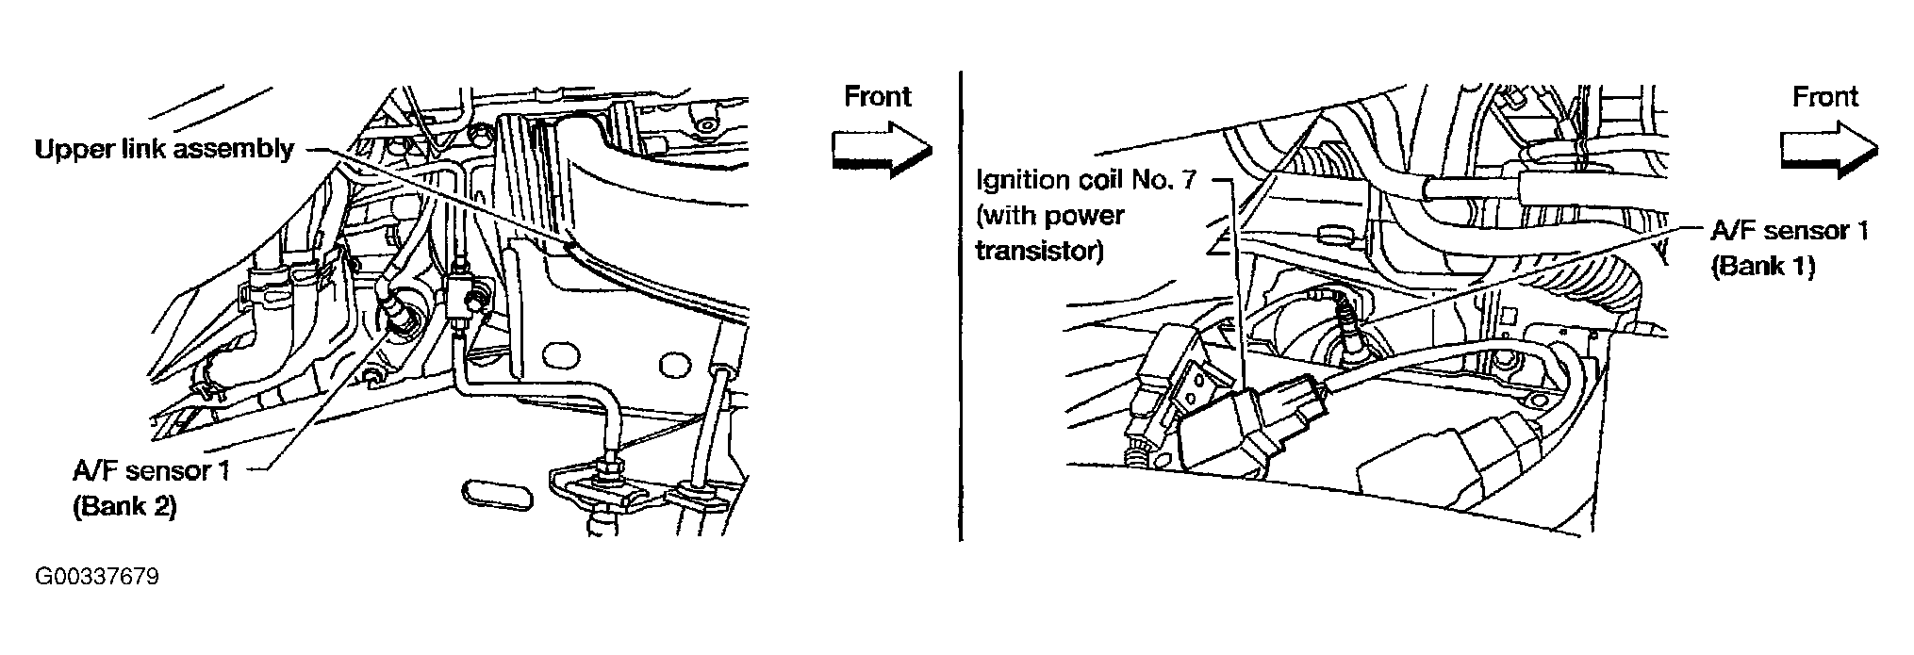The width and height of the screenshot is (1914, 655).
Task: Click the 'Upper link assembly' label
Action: (x=164, y=150)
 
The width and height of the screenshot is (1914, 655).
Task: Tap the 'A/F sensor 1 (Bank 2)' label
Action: (x=151, y=488)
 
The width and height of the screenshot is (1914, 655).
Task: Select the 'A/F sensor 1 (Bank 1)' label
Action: (x=1789, y=248)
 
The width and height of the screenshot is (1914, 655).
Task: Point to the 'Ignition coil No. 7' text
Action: (x=1085, y=179)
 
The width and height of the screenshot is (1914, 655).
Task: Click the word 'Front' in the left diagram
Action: (x=877, y=96)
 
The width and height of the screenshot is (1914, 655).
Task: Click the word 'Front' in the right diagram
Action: (x=1825, y=96)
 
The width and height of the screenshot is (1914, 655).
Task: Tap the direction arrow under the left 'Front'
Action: (x=881, y=151)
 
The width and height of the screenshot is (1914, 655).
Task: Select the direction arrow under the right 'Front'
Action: (x=1829, y=151)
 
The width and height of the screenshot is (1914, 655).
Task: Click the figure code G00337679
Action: (x=97, y=577)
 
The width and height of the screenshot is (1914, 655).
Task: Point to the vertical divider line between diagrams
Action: (x=960, y=305)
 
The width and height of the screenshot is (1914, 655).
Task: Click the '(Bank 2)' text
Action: (x=124, y=506)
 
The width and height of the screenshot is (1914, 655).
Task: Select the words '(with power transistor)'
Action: (x=1050, y=234)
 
